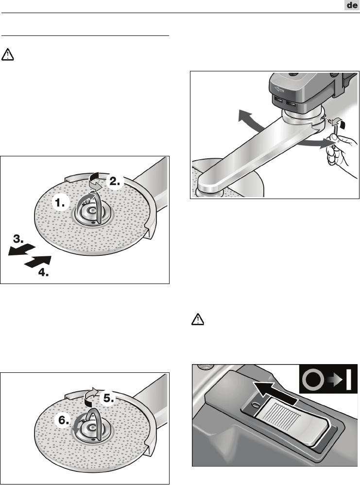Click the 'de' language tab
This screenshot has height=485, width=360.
[x=352, y=5]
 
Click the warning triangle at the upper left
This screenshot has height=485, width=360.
[x=7, y=54]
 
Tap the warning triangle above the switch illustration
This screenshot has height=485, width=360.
[x=198, y=319]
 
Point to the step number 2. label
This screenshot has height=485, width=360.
[x=115, y=181]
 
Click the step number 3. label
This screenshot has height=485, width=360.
[x=18, y=239]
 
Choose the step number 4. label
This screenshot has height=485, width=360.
[x=44, y=272]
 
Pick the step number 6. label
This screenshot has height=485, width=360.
[x=64, y=420]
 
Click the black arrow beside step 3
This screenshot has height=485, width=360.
[x=22, y=250]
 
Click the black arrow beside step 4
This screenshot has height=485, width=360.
[x=37, y=262]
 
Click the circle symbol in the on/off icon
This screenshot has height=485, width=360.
[x=313, y=379]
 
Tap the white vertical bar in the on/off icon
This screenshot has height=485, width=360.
[x=348, y=379]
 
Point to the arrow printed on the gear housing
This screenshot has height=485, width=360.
[x=279, y=90]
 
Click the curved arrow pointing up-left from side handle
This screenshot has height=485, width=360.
[x=249, y=120]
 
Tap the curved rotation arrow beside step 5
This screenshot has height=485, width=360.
[x=91, y=397]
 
